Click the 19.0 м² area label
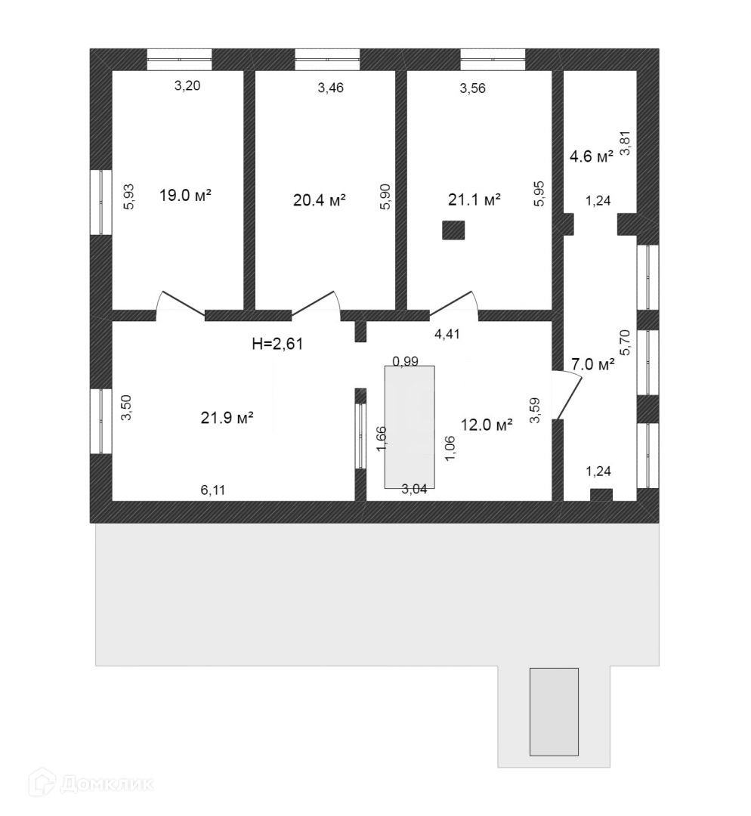(184, 196)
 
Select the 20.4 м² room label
(319, 200)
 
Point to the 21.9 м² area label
(227, 418)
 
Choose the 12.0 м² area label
(487, 425)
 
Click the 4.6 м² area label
(591, 157)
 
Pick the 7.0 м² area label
(592, 364)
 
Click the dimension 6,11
(212, 490)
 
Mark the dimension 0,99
(405, 361)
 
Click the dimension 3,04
(414, 488)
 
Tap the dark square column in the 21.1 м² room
(453, 230)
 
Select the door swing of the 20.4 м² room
(317, 302)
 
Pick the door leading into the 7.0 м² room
(568, 394)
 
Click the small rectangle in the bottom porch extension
(554, 711)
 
